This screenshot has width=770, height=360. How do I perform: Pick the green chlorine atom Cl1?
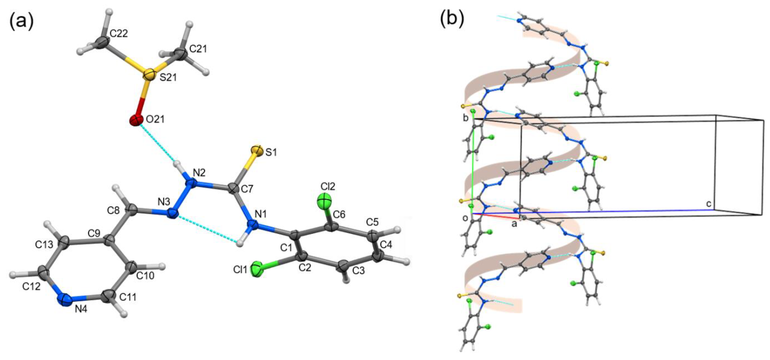click(x=256, y=269)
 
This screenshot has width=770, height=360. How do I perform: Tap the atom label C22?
click(x=119, y=33)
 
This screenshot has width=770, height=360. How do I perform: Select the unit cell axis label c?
click(x=709, y=204)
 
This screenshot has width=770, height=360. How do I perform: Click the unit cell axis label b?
click(x=466, y=118)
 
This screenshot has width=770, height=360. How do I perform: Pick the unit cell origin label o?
click(x=465, y=218)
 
